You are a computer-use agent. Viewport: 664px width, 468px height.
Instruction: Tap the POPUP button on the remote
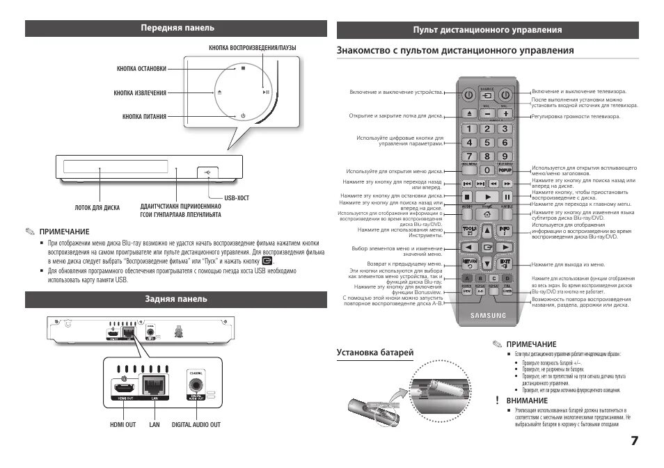point(505,169)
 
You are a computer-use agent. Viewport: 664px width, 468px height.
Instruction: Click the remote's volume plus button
point(505,113)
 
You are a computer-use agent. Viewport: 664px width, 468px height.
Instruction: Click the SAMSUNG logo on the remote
point(487,315)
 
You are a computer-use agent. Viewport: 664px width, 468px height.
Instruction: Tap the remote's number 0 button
point(487,169)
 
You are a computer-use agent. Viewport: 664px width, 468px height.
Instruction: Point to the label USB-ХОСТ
point(237,198)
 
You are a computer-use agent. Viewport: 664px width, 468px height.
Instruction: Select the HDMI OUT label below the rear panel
point(123,424)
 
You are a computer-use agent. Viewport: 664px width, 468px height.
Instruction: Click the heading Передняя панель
point(177,28)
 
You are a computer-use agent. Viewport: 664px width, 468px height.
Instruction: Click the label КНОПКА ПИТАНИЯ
point(144,117)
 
